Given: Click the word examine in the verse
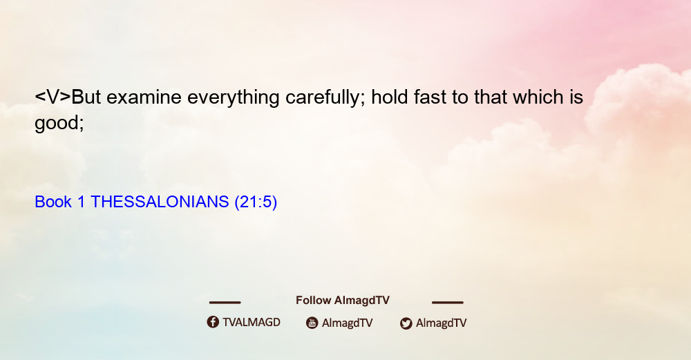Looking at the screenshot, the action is coord(144,97).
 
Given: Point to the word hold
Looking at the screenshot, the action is coord(390,97).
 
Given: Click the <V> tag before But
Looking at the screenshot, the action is coord(53,97).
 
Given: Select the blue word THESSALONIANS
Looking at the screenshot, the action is coord(160,202).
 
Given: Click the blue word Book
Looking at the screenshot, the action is coord(53,202).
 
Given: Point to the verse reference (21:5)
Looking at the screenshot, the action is coord(256,202).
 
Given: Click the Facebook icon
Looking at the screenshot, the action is coord(213,322).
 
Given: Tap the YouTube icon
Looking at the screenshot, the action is coord(312,323).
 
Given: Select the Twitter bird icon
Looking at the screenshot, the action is coord(406,323).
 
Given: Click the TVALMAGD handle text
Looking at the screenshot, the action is coord(252,322).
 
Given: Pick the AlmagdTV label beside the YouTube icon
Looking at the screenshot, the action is coord(348,323).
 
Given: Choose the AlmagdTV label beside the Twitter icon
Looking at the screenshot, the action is coord(441,323).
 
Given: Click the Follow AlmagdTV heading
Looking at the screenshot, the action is coord(343,301).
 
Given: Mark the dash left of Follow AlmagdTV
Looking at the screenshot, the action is coord(225,302).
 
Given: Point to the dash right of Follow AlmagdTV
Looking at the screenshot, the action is coord(448,302).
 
